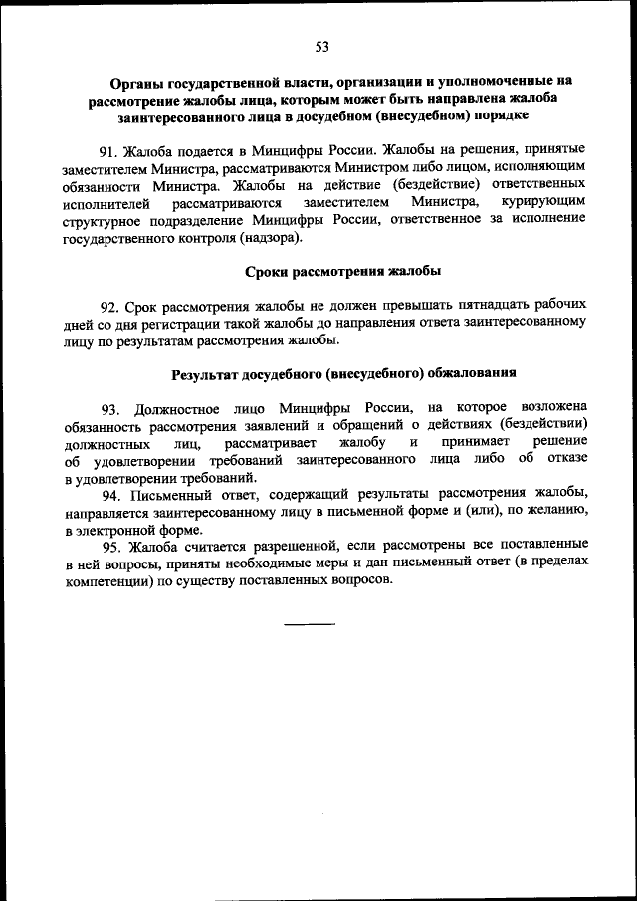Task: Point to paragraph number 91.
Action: (108, 151)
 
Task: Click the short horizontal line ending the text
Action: (310, 625)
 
